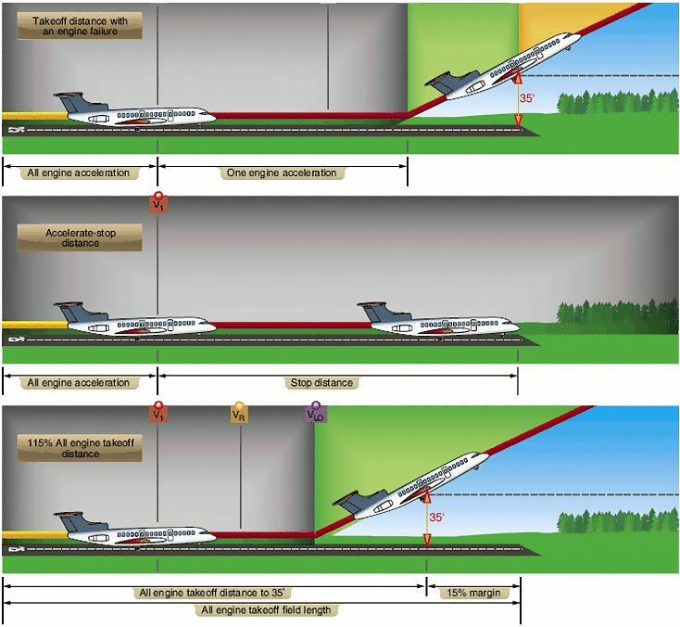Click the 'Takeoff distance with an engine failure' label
click(x=80, y=25)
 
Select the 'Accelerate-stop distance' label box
click(x=80, y=237)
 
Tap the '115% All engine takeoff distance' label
click(x=80, y=449)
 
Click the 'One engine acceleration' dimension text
click(x=282, y=173)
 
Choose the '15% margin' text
click(x=473, y=592)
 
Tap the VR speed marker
click(x=239, y=414)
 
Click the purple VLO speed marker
click(x=316, y=414)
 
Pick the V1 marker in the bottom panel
click(x=158, y=414)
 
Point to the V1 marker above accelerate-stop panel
click(x=158, y=202)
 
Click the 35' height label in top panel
click(x=526, y=96)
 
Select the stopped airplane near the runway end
click(x=436, y=319)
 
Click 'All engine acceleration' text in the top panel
click(x=79, y=173)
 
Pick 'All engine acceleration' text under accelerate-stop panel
click(x=79, y=382)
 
